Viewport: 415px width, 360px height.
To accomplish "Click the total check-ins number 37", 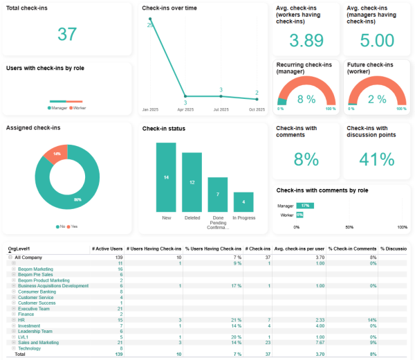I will click(67, 34).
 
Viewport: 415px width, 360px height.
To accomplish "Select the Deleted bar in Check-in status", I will click(192, 182).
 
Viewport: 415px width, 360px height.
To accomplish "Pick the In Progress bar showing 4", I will click(243, 202).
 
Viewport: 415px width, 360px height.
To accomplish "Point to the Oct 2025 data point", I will click(257, 98).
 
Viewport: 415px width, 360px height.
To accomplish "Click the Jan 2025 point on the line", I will click(150, 19).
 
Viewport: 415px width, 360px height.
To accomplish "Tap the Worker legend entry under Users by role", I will click(78, 108).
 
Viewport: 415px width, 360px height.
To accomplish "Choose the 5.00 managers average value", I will click(377, 41).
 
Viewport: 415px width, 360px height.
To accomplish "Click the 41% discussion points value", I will click(377, 159).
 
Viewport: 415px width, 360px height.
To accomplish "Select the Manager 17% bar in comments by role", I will click(305, 206).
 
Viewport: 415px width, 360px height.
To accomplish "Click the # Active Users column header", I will click(107, 249).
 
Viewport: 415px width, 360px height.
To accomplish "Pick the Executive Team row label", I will click(33, 308).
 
